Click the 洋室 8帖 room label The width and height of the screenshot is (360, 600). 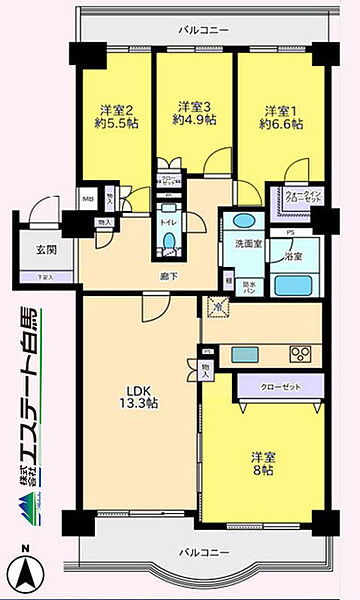pos(262,464)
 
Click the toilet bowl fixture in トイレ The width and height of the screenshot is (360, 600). pos(169,240)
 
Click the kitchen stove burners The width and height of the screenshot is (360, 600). pos(300,353)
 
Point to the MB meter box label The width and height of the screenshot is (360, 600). pos(88,197)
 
